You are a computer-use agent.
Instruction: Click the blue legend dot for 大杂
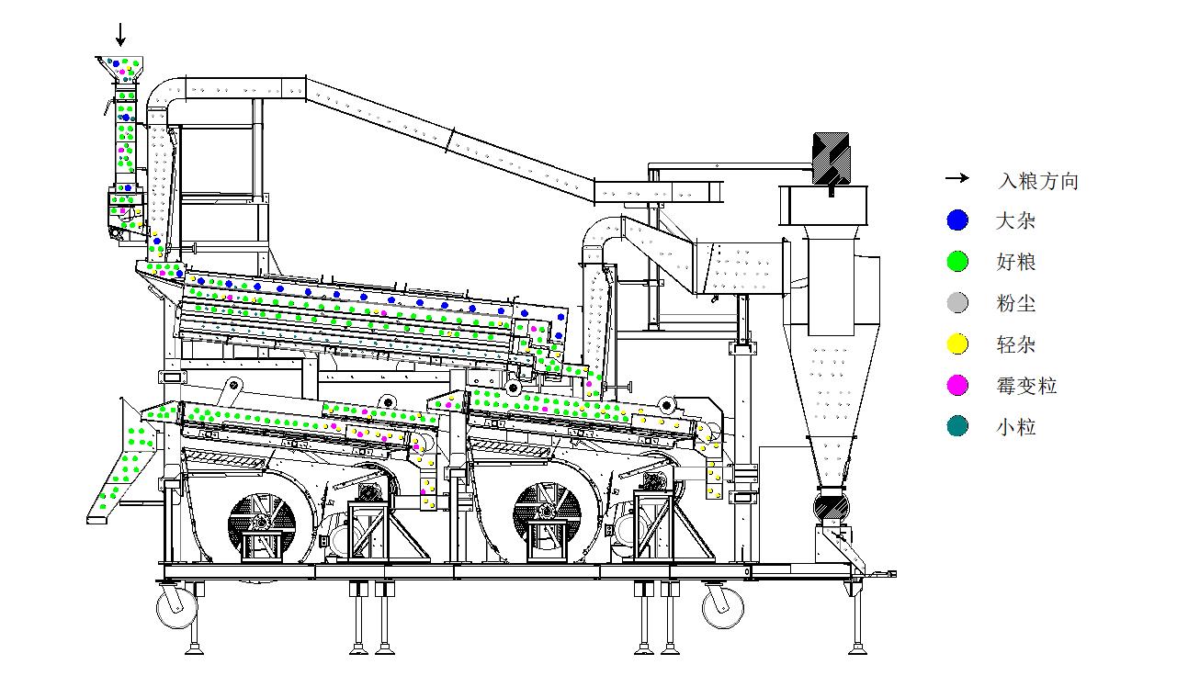(957, 220)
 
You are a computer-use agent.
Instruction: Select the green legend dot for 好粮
(957, 261)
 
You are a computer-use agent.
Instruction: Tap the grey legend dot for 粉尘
(957, 302)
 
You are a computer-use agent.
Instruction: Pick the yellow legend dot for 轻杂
(957, 344)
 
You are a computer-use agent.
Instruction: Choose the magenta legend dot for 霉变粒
(957, 385)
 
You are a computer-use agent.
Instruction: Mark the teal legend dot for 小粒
(957, 426)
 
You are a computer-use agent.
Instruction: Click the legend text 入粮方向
(1037, 181)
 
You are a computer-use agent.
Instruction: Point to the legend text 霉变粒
(1026, 386)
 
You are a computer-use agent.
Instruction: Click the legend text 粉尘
(1015, 303)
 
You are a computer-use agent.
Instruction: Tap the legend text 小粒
(1015, 426)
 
